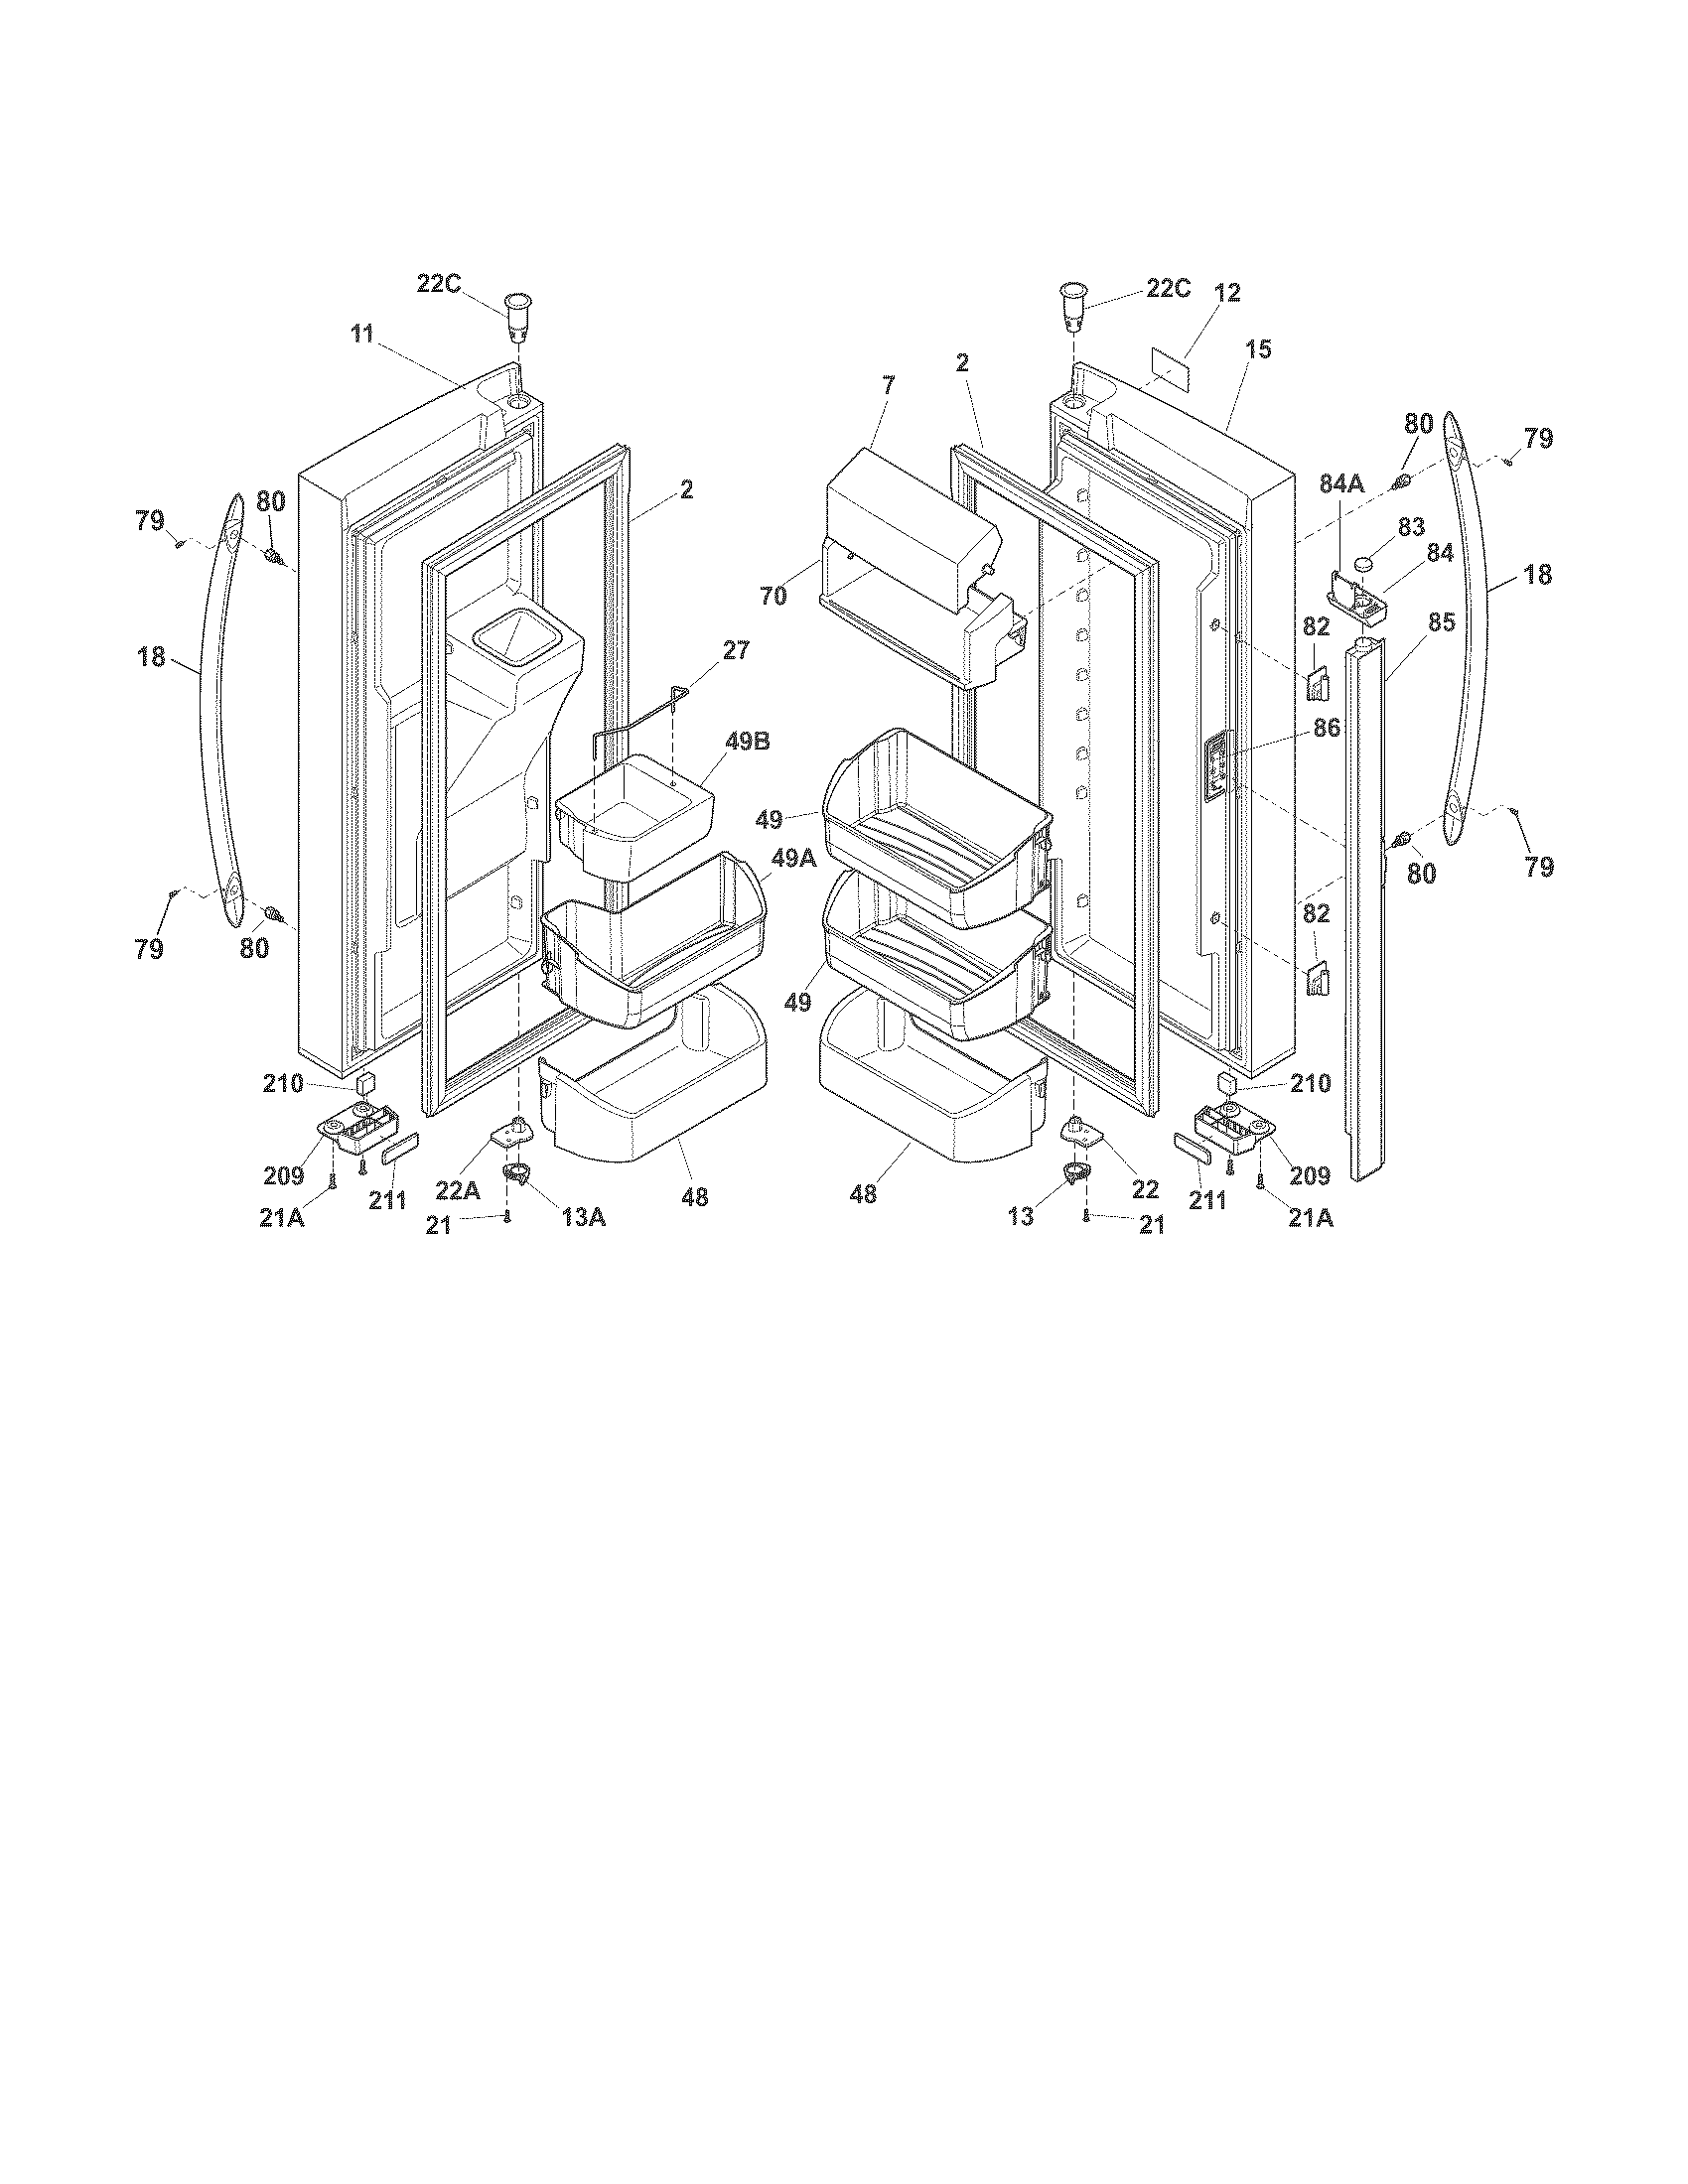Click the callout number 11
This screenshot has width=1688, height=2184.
[x=362, y=334]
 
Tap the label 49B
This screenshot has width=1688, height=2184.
[x=749, y=742]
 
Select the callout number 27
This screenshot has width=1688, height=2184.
[x=735, y=650]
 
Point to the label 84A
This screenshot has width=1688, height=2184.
[x=1342, y=485]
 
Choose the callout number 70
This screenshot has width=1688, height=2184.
[x=773, y=596]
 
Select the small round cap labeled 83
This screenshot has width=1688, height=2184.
[x=1364, y=566]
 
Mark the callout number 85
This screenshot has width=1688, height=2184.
[x=1441, y=622]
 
